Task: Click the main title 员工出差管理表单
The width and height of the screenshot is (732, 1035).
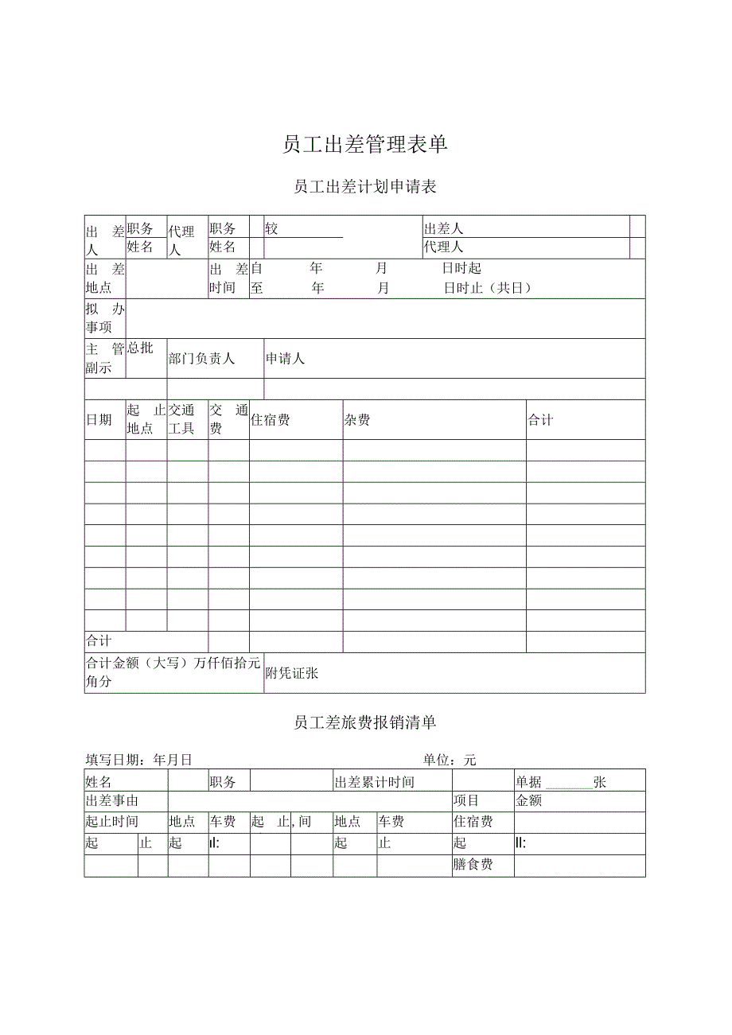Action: pos(365,144)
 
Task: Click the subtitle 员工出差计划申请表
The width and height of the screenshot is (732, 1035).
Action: pos(365,187)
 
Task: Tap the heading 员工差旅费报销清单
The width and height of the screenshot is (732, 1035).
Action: pos(365,722)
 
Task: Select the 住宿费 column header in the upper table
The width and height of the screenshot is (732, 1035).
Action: pos(271,420)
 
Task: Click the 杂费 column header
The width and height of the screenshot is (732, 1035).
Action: pos(357,420)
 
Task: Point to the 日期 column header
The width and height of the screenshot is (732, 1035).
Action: pos(99,420)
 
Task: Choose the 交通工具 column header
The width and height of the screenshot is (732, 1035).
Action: pos(182,420)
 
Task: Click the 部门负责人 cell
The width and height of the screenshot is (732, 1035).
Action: pos(202,359)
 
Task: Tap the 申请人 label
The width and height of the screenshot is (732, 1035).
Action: pos(286,359)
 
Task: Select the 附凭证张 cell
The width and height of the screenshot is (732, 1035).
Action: pos(292,673)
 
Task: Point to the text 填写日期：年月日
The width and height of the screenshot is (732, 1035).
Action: pos(139,761)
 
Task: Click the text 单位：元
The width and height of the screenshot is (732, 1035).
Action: pos(450,761)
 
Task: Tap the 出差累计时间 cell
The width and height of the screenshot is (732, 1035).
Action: pos(375,782)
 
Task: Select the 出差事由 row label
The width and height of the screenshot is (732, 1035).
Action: pos(112,801)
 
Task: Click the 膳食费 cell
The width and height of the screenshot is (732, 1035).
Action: pos(473,865)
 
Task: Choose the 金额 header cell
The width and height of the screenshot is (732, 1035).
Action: pos(529,801)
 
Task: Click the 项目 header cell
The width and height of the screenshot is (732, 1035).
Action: pos(466,801)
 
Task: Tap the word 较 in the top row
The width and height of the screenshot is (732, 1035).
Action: pos(272,229)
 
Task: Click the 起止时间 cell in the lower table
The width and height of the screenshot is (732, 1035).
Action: pos(112,822)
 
